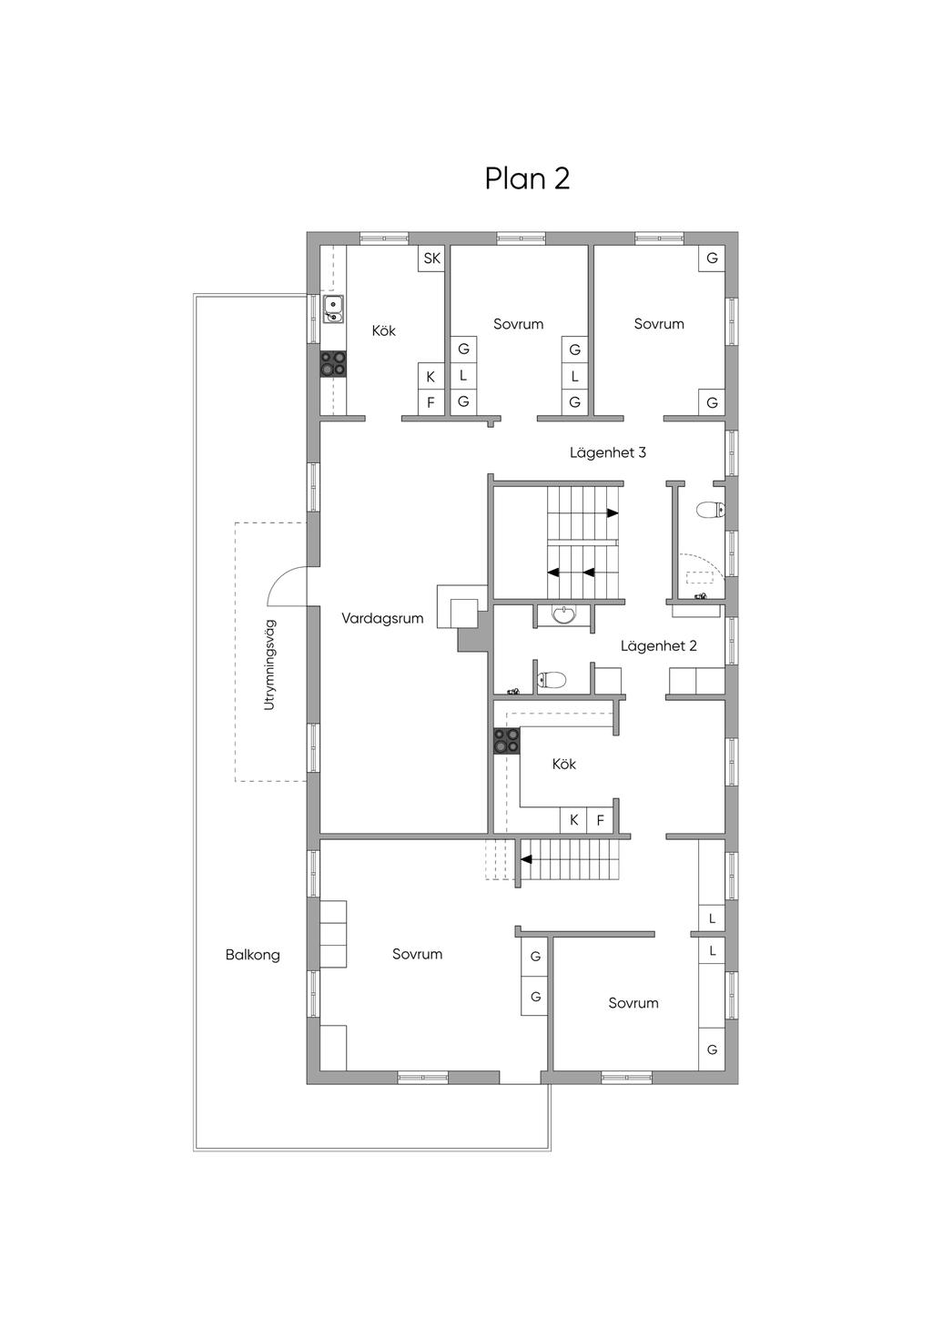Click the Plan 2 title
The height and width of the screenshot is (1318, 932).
(527, 178)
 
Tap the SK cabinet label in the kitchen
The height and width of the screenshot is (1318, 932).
(431, 258)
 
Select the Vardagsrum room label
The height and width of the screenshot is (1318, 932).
(382, 618)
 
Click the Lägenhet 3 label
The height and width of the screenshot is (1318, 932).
(608, 452)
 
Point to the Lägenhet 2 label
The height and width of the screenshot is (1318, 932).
(658, 646)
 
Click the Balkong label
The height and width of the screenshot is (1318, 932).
(252, 955)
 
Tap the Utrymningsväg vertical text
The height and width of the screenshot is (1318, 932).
(269, 664)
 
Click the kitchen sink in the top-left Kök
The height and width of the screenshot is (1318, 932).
(334, 309)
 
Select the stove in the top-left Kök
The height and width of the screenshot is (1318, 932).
(333, 363)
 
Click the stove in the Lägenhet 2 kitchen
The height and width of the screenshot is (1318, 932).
(507, 741)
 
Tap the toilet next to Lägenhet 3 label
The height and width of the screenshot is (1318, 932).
(711, 510)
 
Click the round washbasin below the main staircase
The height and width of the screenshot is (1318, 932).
(565, 615)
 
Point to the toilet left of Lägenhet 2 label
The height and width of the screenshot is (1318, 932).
(552, 680)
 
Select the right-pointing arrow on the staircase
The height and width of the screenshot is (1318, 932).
(613, 513)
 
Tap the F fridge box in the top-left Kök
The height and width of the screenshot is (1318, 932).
(431, 402)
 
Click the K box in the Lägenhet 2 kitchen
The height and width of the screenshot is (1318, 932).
(574, 820)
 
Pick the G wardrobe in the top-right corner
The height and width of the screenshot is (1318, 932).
(712, 258)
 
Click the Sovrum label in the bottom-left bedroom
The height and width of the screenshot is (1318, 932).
(417, 954)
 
